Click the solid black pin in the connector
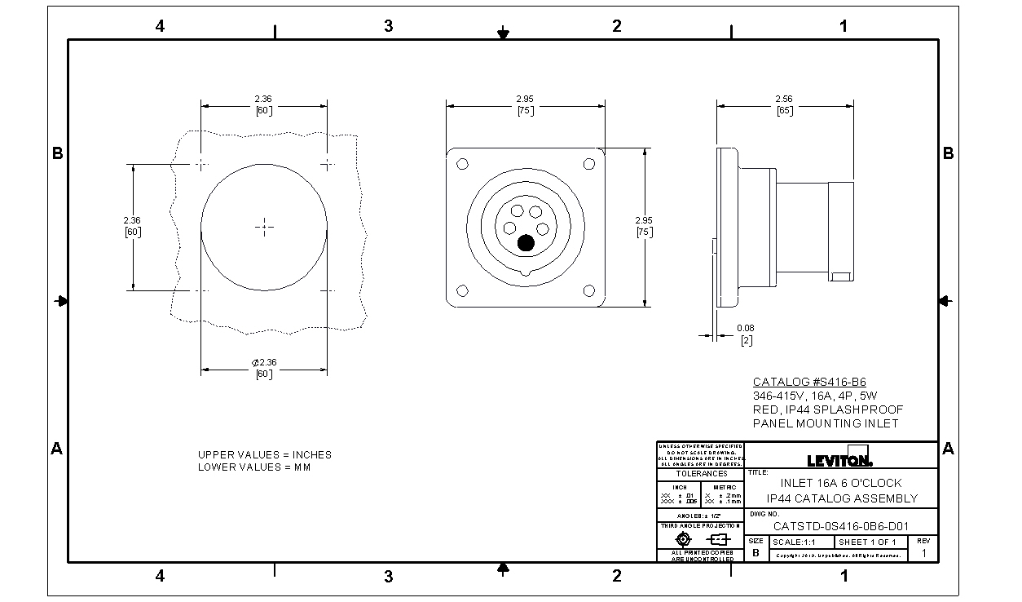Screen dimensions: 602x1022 pyautogui.click(x=526, y=242)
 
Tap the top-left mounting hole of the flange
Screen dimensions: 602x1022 pyautogui.click(x=462, y=165)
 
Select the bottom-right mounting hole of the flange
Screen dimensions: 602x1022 pyautogui.click(x=588, y=290)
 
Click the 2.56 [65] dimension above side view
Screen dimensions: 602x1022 pyautogui.click(x=784, y=104)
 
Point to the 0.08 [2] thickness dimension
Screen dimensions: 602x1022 pyautogui.click(x=745, y=334)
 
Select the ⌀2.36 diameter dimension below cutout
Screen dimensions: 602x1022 pyautogui.click(x=264, y=367)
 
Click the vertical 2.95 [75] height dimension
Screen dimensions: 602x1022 pyautogui.click(x=644, y=226)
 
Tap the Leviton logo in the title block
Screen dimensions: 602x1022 pyautogui.click(x=839, y=458)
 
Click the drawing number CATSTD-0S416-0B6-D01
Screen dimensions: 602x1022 pyautogui.click(x=840, y=526)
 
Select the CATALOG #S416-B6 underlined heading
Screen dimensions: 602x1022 pyautogui.click(x=808, y=382)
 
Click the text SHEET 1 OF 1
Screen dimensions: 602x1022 pyautogui.click(x=867, y=542)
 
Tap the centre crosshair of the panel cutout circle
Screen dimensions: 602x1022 pyautogui.click(x=264, y=227)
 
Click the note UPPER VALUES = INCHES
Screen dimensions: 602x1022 pyautogui.click(x=264, y=454)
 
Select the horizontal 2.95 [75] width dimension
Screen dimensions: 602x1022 pyautogui.click(x=525, y=104)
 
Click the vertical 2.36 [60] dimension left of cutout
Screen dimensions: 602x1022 pyautogui.click(x=132, y=226)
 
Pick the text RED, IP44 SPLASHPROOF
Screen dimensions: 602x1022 pyautogui.click(x=827, y=409)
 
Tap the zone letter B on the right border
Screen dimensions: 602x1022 pyautogui.click(x=948, y=153)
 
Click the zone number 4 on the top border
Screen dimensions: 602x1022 pyautogui.click(x=160, y=26)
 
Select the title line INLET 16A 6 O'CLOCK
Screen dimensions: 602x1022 pyautogui.click(x=841, y=483)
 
